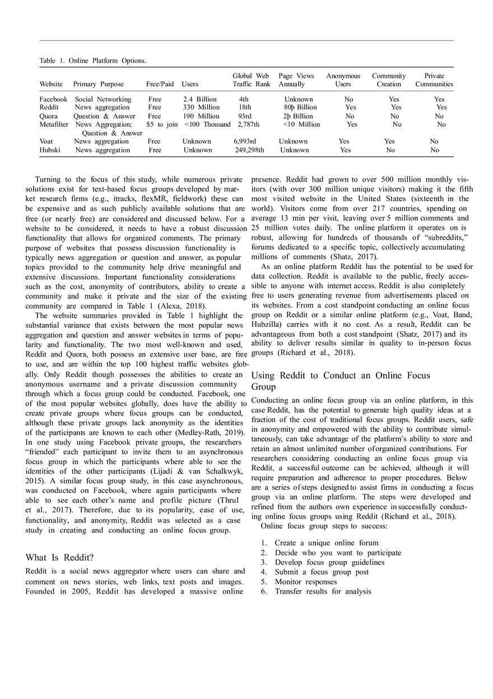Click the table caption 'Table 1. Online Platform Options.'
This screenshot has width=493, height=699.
(x=93, y=61)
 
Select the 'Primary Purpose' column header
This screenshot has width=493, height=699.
(x=99, y=84)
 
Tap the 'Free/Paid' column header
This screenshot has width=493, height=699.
(x=160, y=84)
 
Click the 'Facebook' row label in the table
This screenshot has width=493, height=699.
(x=53, y=99)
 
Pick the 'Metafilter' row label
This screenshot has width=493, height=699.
(x=54, y=124)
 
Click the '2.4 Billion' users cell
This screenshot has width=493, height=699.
(x=199, y=99)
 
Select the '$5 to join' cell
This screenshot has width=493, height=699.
(x=161, y=124)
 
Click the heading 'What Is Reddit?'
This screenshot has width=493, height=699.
(x=59, y=558)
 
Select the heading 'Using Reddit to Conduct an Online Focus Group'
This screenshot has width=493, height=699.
(x=341, y=381)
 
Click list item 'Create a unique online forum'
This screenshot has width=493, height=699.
(x=326, y=543)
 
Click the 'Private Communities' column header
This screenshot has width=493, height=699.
(x=434, y=80)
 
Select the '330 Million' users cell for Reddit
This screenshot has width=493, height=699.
(x=201, y=108)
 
